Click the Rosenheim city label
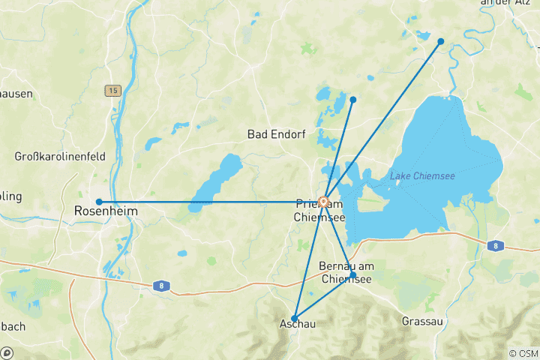click(x=106, y=212)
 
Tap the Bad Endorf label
click(x=276, y=134)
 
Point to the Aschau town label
click(x=297, y=324)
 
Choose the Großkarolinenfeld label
click(x=61, y=157)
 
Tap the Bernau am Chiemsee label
click(x=346, y=273)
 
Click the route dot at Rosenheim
click(x=99, y=202)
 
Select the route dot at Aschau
click(x=295, y=318)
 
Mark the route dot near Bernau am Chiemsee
click(x=352, y=275)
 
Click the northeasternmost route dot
click(x=441, y=41)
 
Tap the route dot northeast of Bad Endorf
click(x=352, y=100)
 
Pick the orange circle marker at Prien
click(x=324, y=202)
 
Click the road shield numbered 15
click(x=112, y=91)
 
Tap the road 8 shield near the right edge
click(x=495, y=245)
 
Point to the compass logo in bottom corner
click(x=7, y=352)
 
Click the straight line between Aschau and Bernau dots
click(x=324, y=296)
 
